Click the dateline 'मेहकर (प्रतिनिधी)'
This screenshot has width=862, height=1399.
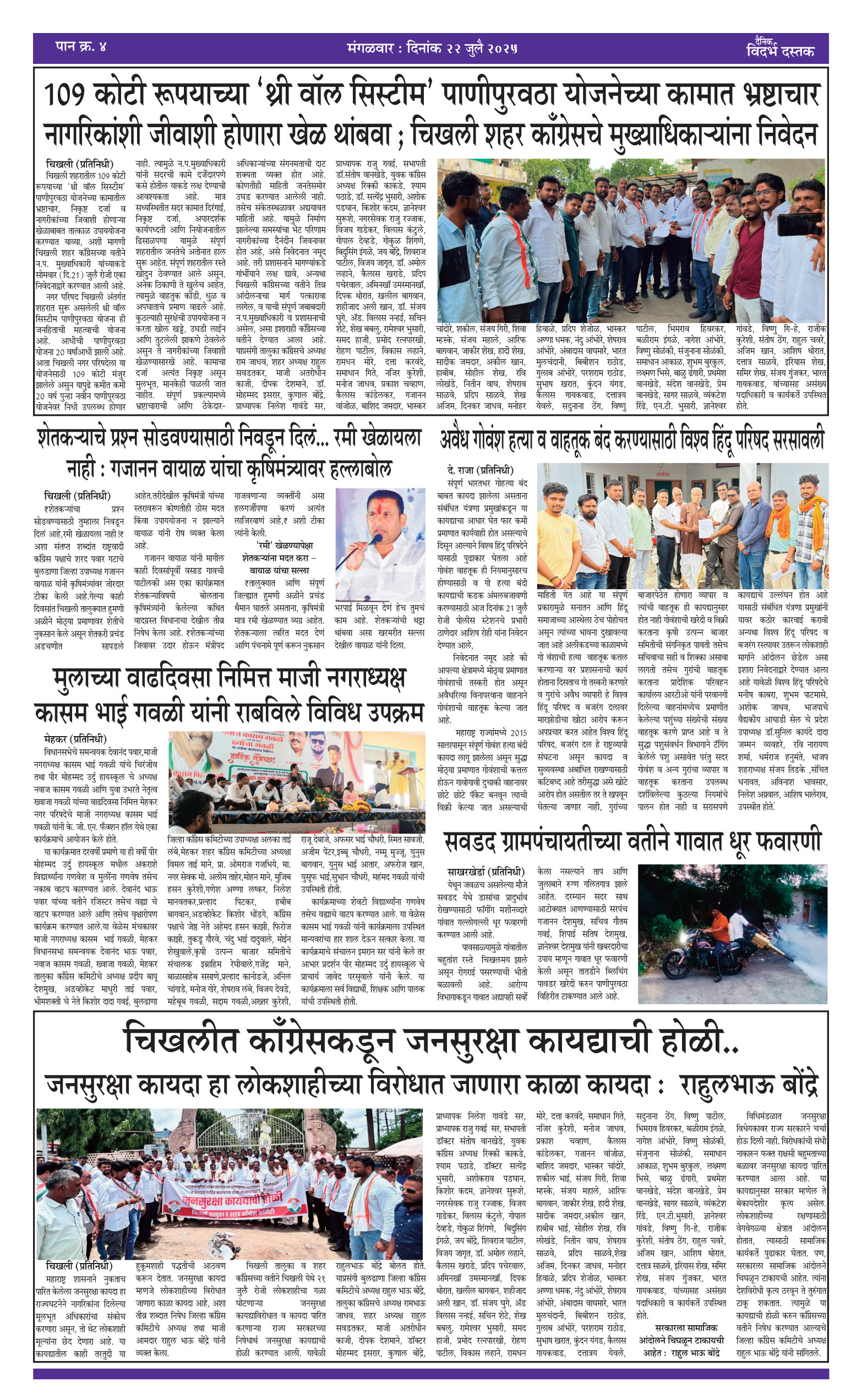[75, 739]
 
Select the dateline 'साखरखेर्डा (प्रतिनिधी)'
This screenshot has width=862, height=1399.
[485, 872]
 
